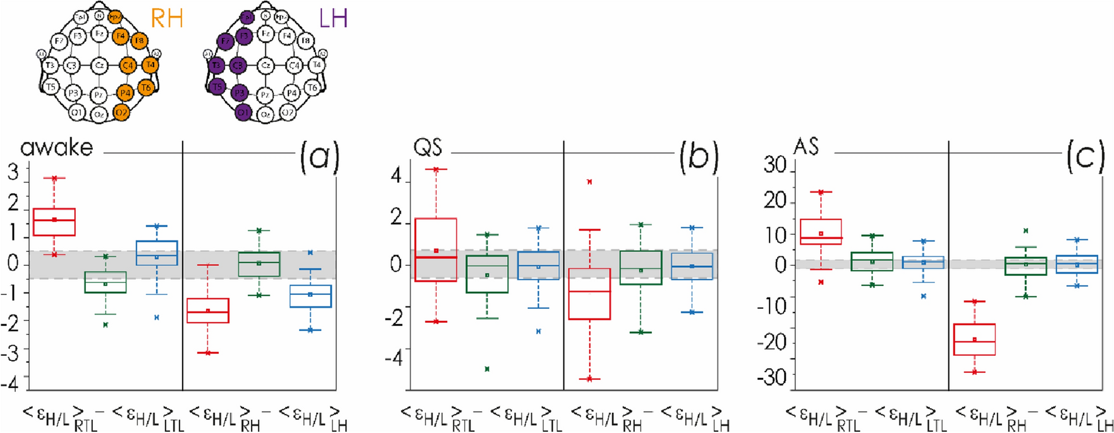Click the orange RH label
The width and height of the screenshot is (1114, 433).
pos(166,19)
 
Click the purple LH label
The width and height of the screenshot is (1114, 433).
pos(333,19)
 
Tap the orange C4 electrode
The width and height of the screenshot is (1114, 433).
pos(128,65)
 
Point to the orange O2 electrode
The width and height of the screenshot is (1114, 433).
pos(121,113)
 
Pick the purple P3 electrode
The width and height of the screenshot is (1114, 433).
pos(240,93)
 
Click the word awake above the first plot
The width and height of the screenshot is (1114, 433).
pos(57,147)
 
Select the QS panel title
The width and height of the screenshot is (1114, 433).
pos(427,147)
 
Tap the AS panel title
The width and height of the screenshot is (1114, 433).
pos(806,147)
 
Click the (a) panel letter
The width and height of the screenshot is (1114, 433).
pos(319,157)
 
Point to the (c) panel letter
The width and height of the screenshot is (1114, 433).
pos(1085,157)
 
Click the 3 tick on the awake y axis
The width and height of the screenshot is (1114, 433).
pos(13,172)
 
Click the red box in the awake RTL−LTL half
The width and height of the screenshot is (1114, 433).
pos(54,222)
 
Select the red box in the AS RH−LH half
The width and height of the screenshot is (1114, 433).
pos(974,339)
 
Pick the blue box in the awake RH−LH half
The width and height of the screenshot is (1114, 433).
pos(310,296)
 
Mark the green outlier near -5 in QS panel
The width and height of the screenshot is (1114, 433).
pos(487,368)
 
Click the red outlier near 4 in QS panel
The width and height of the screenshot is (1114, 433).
pos(589,182)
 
